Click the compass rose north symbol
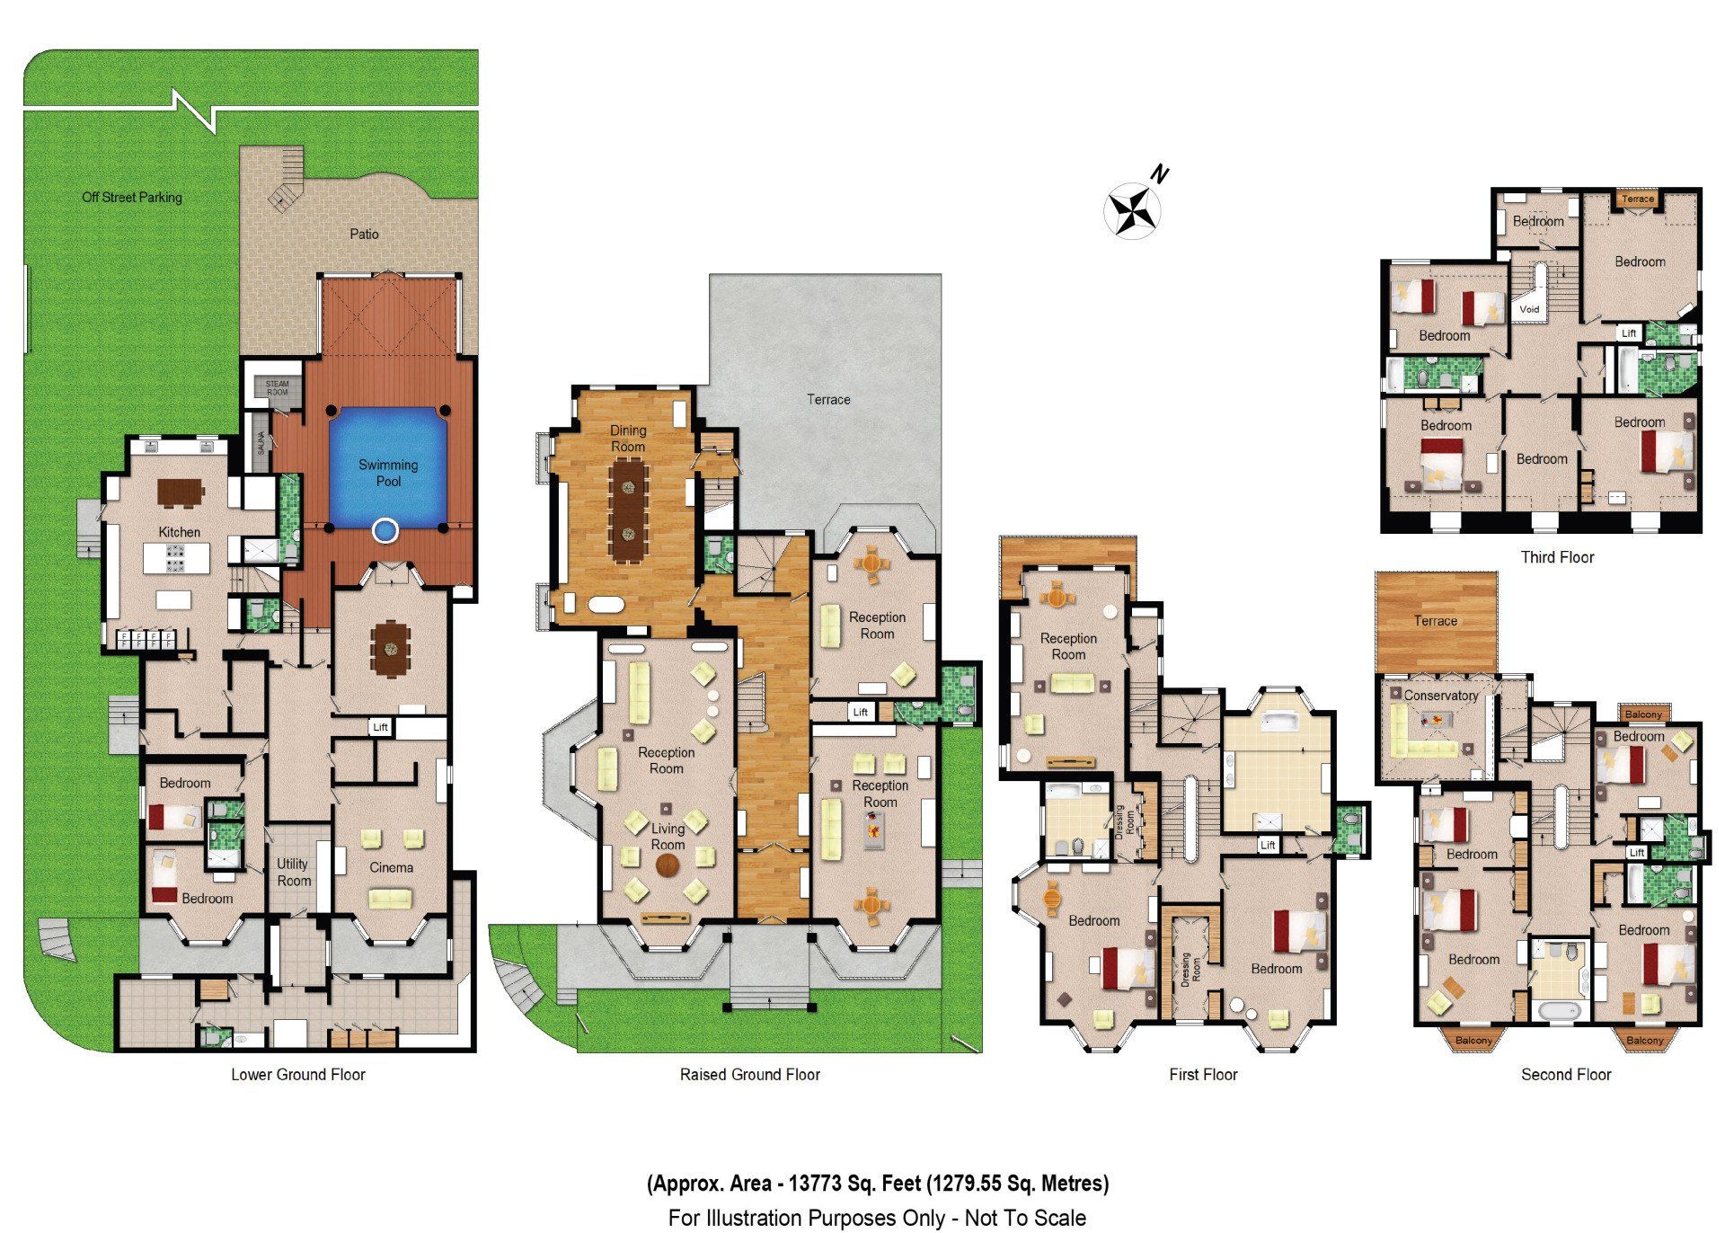point(1133,209)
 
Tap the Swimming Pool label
point(388,473)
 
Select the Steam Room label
point(278,388)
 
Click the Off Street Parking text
point(132,197)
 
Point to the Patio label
point(364,234)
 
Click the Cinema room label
point(391,867)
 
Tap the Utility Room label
point(293,872)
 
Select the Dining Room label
point(628,439)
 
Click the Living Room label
point(668,837)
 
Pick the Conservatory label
point(1440,696)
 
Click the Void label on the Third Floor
point(1529,309)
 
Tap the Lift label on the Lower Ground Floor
point(381,727)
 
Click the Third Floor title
point(1557,557)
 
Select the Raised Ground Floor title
point(749,1074)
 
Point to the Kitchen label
point(180,532)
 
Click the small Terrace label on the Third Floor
point(1637,200)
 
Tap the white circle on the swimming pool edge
point(385,531)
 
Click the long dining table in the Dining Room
point(627,510)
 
